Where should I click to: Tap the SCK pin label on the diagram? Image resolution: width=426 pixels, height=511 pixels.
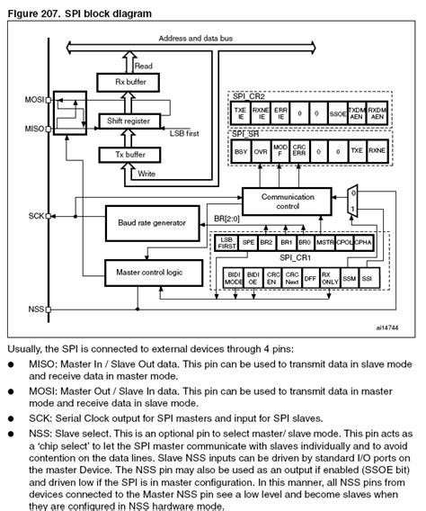pos(36,216)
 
